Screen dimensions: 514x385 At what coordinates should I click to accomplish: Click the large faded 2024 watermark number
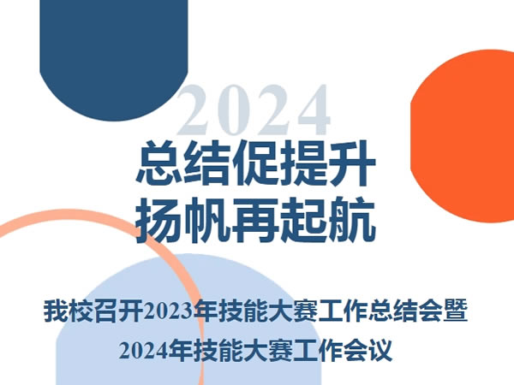click(x=254, y=110)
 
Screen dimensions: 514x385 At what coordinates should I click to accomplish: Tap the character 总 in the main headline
click(x=159, y=163)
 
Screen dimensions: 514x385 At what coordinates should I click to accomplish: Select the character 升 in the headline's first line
click(x=352, y=163)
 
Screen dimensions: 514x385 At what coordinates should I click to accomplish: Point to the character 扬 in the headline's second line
click(x=159, y=220)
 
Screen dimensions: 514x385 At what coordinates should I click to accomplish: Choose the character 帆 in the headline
click(x=208, y=220)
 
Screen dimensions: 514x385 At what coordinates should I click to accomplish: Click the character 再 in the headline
click(x=256, y=220)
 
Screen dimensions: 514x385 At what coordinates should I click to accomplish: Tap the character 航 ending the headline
click(x=352, y=220)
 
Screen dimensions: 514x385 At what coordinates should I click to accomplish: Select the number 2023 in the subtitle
click(x=168, y=311)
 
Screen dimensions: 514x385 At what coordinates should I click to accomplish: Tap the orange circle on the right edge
click(x=463, y=136)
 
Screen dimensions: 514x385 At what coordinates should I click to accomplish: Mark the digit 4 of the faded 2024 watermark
click(x=313, y=110)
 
